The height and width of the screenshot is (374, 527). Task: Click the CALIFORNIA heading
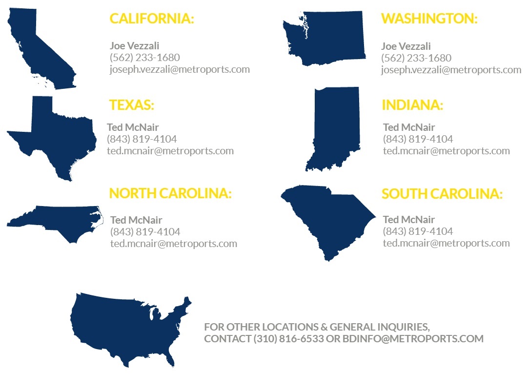point(152,19)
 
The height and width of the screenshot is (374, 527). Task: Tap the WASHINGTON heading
point(429,19)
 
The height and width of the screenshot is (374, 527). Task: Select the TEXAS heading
point(131,105)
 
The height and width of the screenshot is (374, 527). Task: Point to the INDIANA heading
point(412,105)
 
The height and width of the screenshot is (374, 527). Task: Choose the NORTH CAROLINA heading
point(170,193)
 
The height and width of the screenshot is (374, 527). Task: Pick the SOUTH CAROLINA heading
point(442,194)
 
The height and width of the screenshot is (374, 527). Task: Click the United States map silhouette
point(127,327)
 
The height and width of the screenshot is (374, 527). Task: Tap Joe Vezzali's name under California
point(131,46)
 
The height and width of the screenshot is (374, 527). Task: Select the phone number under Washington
point(416,58)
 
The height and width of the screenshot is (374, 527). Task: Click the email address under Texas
point(170,150)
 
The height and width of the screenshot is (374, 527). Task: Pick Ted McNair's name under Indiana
point(409,127)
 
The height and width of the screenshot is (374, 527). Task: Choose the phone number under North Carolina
point(145,231)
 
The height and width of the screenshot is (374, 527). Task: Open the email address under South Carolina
point(446,243)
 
